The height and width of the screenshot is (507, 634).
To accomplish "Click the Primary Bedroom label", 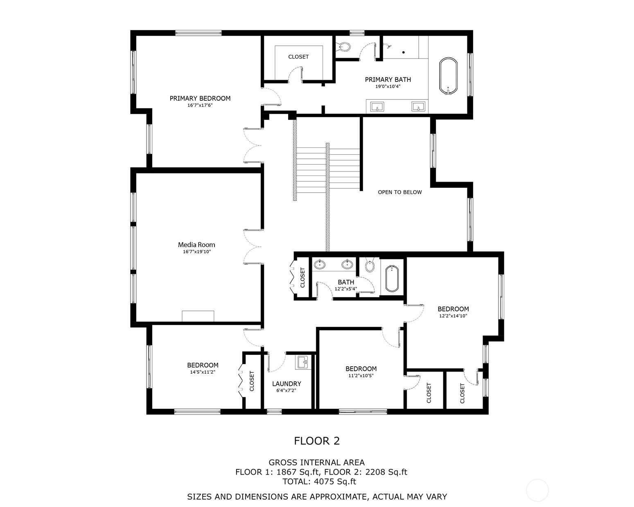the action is click(200, 98).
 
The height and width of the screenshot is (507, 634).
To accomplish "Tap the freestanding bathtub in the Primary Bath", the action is click(449, 76).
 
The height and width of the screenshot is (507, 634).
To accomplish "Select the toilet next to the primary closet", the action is click(343, 47).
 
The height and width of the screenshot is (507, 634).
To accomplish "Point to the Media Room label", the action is click(196, 245).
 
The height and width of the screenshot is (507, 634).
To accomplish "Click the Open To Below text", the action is click(400, 192).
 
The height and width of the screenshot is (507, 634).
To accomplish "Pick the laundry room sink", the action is click(302, 362).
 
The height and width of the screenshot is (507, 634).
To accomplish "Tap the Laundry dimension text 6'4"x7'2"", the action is click(287, 390).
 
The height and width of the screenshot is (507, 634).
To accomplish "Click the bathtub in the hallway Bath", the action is click(392, 278).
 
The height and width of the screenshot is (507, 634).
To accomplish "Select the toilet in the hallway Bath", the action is click(370, 264).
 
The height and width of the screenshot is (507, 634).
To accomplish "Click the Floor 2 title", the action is click(317, 441).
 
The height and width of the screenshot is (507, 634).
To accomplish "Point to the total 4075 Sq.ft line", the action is click(319, 482).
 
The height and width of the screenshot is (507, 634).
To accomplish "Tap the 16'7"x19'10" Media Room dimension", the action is click(197, 252).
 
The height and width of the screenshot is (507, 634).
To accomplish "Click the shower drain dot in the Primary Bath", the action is click(404, 52).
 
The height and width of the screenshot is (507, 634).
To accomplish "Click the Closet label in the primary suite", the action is click(298, 57).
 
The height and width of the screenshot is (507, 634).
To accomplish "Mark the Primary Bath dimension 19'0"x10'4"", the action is click(388, 87).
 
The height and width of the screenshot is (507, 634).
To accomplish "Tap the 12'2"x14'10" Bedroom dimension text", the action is click(453, 316).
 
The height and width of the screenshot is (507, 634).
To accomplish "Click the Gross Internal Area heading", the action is click(317, 462).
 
